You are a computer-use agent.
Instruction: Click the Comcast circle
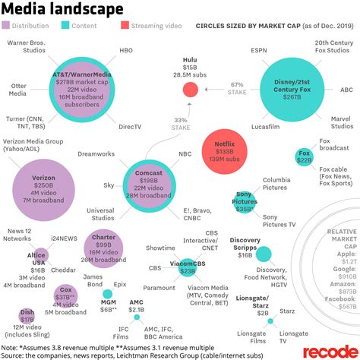pos(149,182)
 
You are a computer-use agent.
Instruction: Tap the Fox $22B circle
pos(304,159)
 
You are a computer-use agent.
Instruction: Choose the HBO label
pos(126,50)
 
